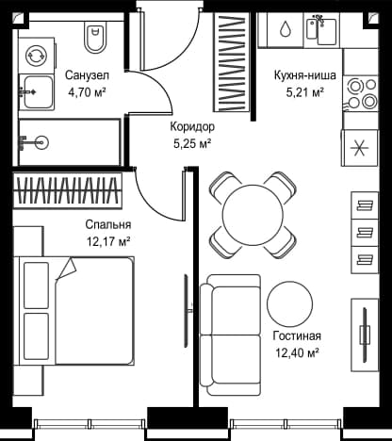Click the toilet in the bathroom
coord(95,39)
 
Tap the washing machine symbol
coord(37,56)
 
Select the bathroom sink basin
coord(37,92)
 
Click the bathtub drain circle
coord(41,142)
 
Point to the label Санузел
coord(87,75)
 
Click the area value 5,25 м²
coord(192,144)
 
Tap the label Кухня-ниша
coord(305,75)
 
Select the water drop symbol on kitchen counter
coord(286,28)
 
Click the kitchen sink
coord(321,30)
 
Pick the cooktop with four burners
coord(361,93)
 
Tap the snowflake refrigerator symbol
coord(360,148)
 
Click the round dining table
coord(253,215)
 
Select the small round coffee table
coord(290,303)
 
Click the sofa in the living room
coord(231,335)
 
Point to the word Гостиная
coord(297,336)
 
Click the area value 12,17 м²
coord(108,241)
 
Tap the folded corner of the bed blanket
coord(67,269)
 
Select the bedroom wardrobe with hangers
coord(68,190)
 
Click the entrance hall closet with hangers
coord(233,62)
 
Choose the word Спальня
coord(108,224)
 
